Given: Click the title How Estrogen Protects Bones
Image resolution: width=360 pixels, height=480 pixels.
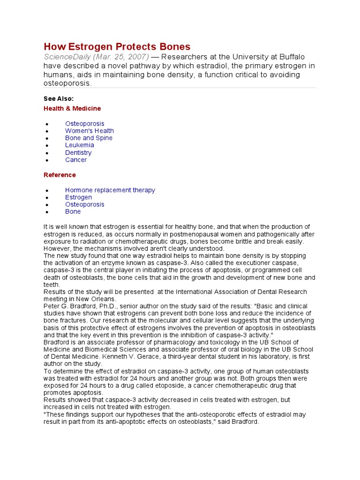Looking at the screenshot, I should (x=117, y=46).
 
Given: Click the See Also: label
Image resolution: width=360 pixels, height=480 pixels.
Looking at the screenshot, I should (x=59, y=98).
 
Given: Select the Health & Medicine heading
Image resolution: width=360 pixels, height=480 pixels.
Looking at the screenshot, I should (x=72, y=108).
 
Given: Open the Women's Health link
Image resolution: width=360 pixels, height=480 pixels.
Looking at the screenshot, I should (x=89, y=131).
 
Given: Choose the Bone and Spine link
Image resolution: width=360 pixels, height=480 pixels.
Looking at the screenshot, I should (x=89, y=138).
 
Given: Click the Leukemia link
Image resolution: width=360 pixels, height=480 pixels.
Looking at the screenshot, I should (x=79, y=145).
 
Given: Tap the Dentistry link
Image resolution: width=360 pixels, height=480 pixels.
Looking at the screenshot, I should (x=78, y=152).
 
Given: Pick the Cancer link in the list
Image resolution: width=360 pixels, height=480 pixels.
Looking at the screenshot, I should (x=75, y=160).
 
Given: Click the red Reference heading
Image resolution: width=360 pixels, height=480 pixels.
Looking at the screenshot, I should (x=60, y=175).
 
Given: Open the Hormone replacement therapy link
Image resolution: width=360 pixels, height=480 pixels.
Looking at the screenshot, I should (x=110, y=190).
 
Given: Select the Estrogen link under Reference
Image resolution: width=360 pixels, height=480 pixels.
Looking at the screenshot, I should (x=78, y=197).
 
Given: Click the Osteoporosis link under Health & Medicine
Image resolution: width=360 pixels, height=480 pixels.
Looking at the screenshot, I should (x=84, y=124).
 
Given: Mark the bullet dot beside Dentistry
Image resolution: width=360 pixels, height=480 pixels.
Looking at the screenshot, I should (x=47, y=153).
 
